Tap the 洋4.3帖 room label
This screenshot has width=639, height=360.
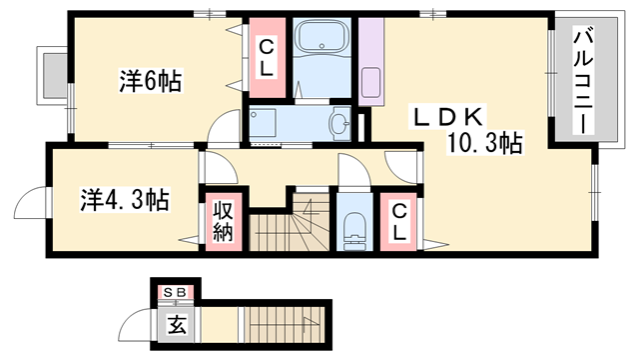[x=124, y=199]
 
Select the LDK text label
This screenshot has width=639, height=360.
[x=444, y=117]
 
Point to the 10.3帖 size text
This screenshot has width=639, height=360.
[x=484, y=144]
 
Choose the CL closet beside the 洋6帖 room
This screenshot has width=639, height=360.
[x=268, y=57]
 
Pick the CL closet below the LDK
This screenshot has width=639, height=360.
[x=398, y=221]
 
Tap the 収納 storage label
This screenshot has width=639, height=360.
[x=221, y=222]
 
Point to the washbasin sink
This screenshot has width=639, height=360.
[x=339, y=124]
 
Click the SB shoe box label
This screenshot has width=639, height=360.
[x=176, y=291]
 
